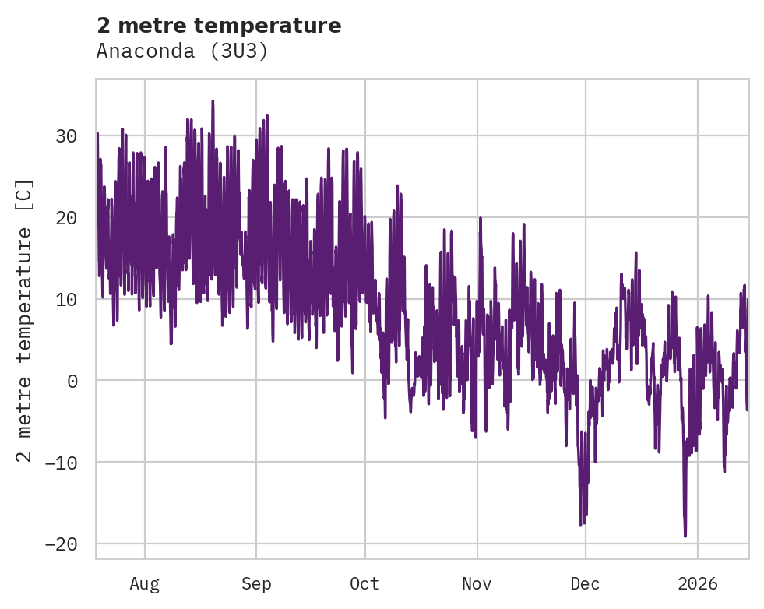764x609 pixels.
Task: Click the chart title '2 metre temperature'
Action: tap(219, 26)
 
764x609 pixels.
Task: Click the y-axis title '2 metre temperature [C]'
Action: tap(26, 320)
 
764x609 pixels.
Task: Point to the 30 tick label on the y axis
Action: tap(66, 136)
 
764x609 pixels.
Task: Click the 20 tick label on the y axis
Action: tap(66, 218)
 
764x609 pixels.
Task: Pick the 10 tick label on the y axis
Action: tap(66, 299)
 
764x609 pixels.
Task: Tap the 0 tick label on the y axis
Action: tap(72, 381)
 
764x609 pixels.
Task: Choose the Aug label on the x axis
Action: tap(145, 583)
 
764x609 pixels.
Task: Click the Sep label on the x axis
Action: tap(256, 583)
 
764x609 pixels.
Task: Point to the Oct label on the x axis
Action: tap(364, 583)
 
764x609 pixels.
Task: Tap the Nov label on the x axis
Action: tap(477, 583)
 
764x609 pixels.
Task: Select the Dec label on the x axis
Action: tap(585, 583)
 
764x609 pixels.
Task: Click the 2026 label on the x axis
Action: tap(698, 583)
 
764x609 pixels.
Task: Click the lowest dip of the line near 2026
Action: tap(685, 536)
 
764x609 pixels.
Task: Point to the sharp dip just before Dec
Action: tap(581, 525)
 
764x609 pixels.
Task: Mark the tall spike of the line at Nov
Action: tap(480, 218)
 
